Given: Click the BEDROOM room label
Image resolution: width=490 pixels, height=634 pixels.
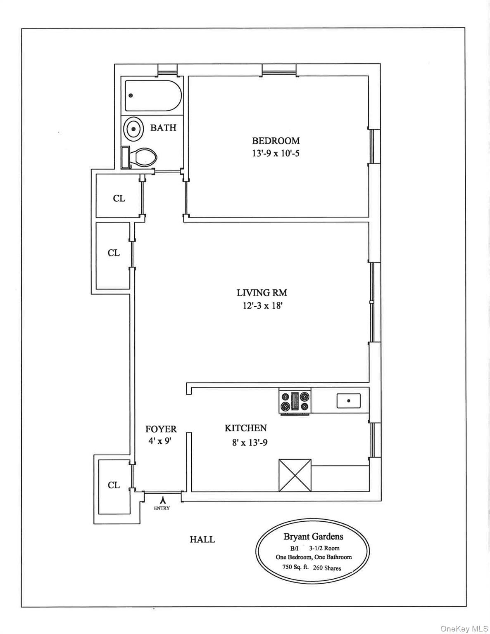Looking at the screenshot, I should point(276,141).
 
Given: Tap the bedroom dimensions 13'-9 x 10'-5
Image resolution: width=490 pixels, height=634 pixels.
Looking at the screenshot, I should point(276,154).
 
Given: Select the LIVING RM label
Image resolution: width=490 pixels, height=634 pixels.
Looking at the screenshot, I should point(262,293).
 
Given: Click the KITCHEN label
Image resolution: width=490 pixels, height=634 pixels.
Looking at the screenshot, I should point(245,428).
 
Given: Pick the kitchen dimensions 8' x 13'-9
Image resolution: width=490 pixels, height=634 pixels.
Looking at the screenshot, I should point(250,442).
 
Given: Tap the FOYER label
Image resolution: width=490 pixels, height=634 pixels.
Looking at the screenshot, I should point(161,429).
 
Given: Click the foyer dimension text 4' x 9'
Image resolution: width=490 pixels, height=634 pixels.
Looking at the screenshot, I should point(160,441).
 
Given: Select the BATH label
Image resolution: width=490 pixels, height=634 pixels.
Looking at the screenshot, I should point(163,128).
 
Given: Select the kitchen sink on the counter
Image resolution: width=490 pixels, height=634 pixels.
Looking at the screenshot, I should point(348,400).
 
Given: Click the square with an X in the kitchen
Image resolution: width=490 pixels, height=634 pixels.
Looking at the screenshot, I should point(295,475).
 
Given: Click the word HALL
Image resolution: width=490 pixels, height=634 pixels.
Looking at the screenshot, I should point(202,539).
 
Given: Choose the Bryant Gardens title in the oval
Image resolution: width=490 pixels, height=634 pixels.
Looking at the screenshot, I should point(313,537).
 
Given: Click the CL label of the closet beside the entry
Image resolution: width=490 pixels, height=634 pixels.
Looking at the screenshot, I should point(114,485).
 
